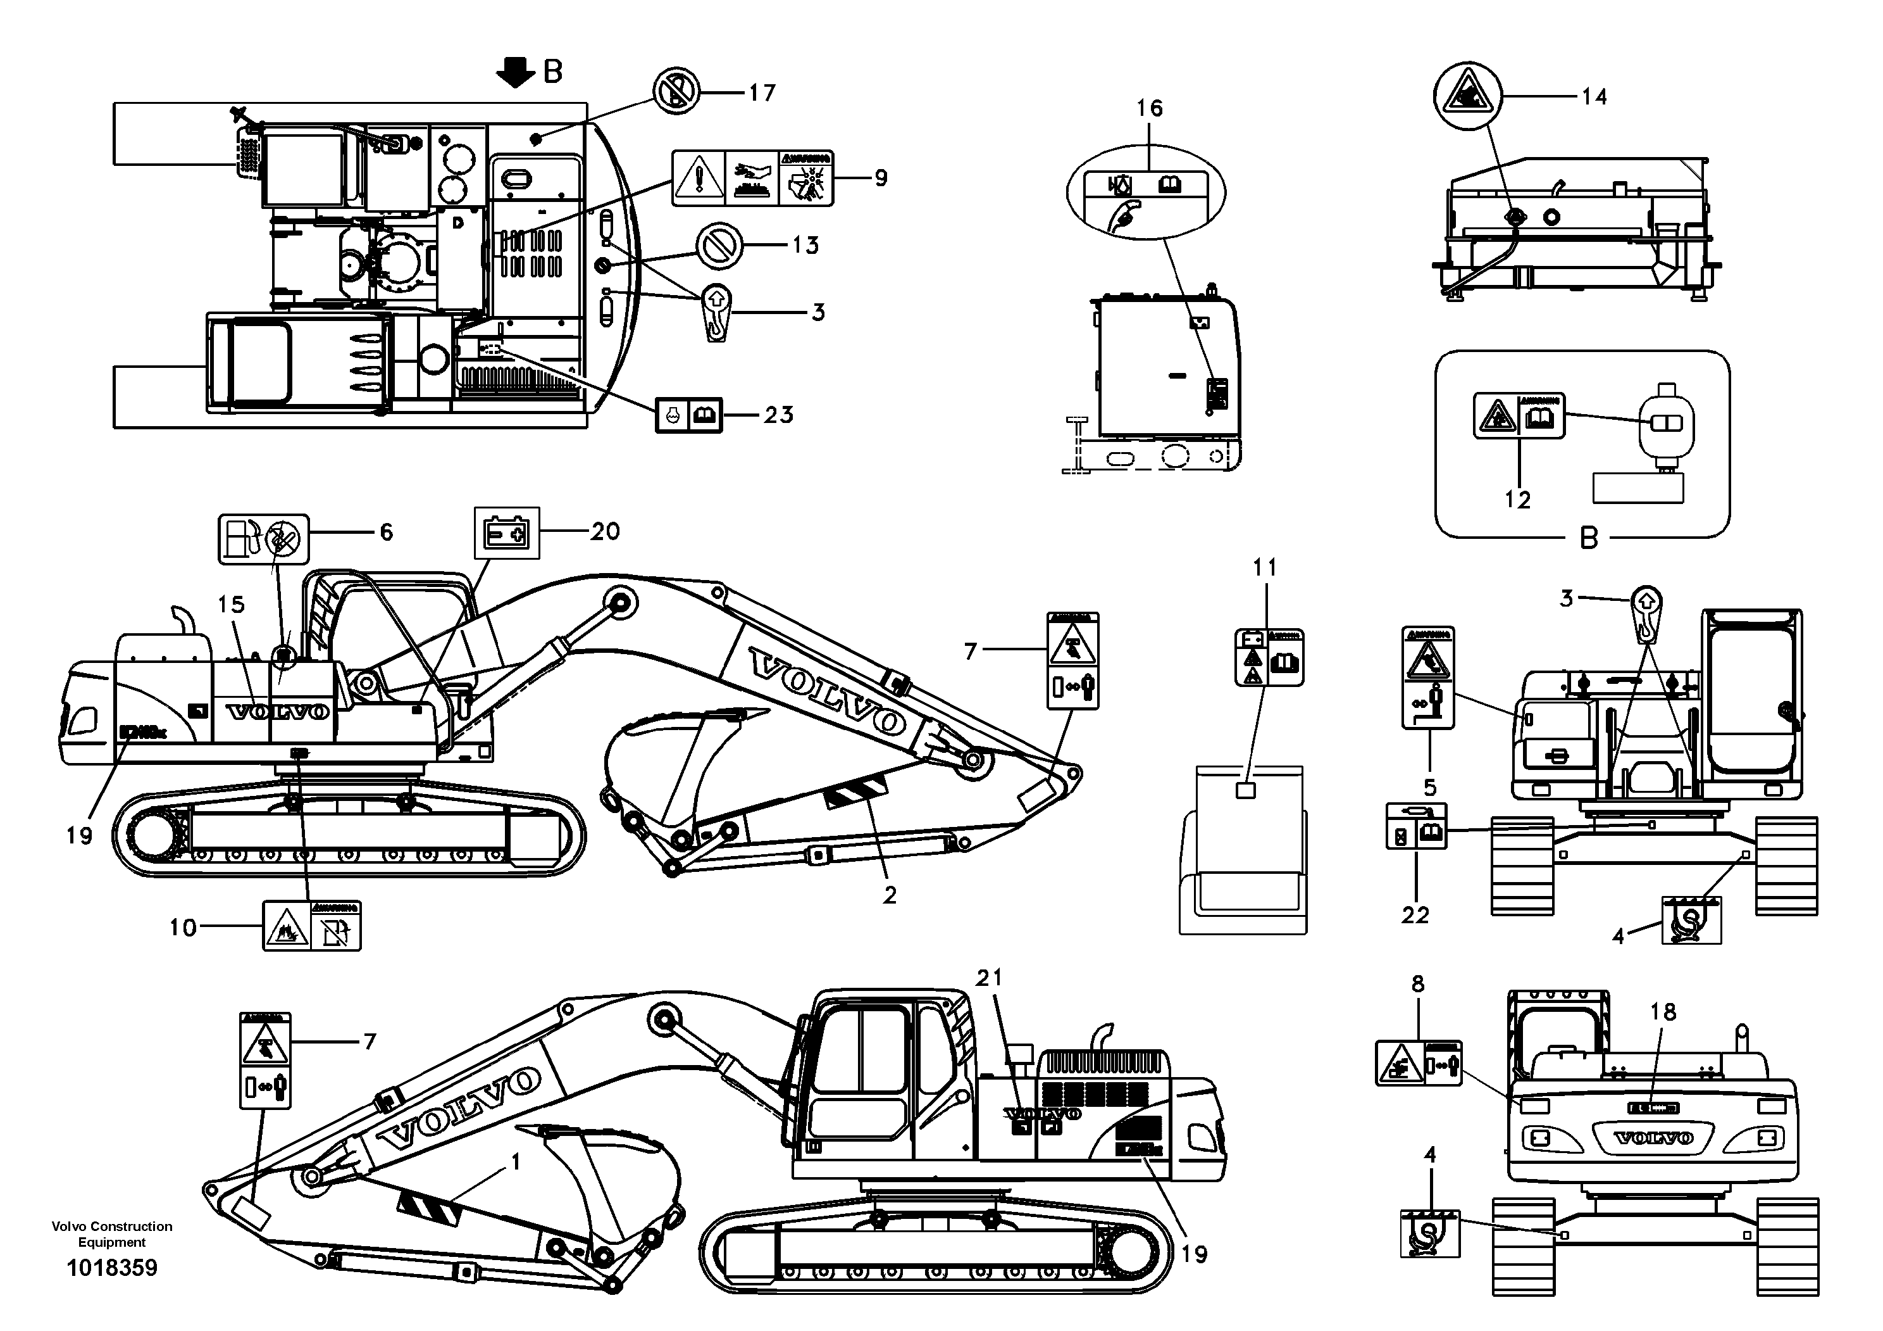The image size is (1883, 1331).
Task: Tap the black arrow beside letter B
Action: pyautogui.click(x=514, y=72)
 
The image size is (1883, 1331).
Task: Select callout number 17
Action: pyautogui.click(x=761, y=94)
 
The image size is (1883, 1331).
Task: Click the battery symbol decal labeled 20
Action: pyautogui.click(x=507, y=533)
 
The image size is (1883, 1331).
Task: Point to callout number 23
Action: pyautogui.click(x=778, y=415)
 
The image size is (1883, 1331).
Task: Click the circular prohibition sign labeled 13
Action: pyautogui.click(x=719, y=245)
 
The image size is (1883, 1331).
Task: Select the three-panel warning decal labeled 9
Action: pyautogui.click(x=752, y=177)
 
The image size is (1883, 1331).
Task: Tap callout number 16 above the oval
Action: pyautogui.click(x=1149, y=108)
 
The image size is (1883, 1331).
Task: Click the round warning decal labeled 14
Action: pyautogui.click(x=1467, y=96)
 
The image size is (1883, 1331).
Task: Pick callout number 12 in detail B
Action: pyautogui.click(x=1517, y=500)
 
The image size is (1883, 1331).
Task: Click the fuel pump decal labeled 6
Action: pyautogui.click(x=263, y=539)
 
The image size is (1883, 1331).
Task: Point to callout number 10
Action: pyautogui.click(x=183, y=928)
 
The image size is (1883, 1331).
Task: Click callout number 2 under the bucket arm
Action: pyautogui.click(x=890, y=896)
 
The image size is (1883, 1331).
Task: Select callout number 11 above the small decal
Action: pyautogui.click(x=1265, y=567)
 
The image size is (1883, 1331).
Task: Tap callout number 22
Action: pyautogui.click(x=1415, y=915)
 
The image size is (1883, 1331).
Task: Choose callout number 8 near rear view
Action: pyautogui.click(x=1418, y=984)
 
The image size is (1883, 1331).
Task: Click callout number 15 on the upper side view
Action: pyautogui.click(x=232, y=605)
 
